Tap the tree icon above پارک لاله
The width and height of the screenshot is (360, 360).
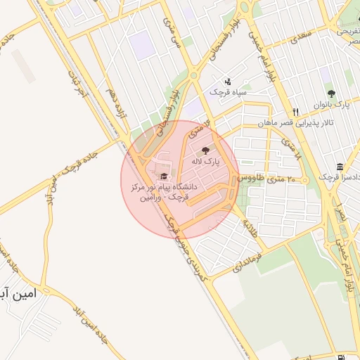205,150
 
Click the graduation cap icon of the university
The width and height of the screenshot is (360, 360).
164,176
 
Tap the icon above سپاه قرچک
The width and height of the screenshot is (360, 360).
227,82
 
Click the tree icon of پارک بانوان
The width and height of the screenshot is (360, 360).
331,93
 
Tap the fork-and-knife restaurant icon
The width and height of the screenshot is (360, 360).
296,112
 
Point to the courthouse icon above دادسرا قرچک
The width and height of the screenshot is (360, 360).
340,167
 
